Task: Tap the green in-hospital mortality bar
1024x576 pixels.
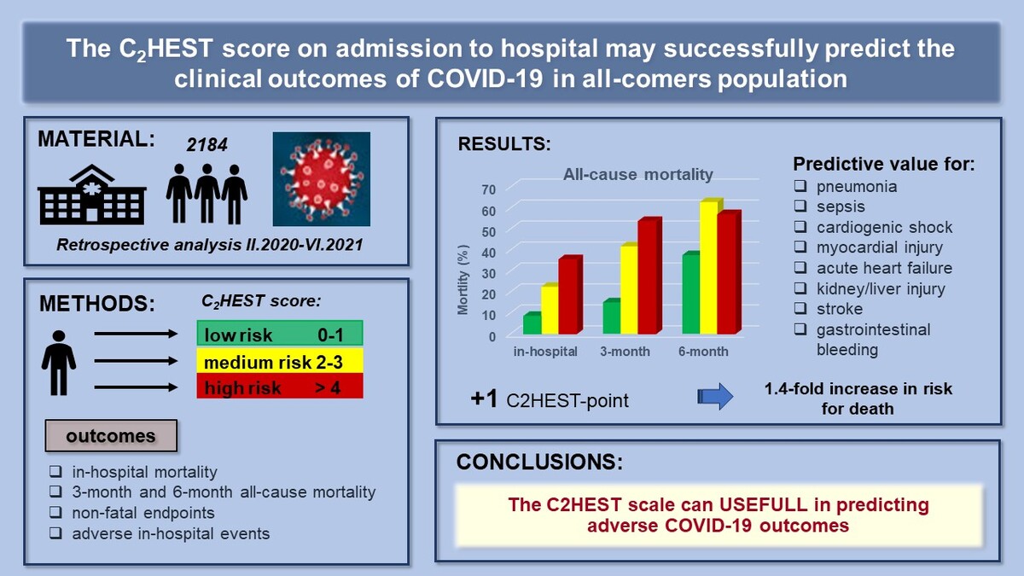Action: [532, 323]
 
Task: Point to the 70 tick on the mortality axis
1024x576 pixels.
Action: [488, 189]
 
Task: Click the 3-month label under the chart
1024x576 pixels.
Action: [625, 351]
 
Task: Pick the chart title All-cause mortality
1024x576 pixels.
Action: [637, 174]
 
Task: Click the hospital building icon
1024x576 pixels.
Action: [92, 195]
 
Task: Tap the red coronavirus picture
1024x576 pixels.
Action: [322, 178]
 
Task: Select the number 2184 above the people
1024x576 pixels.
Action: [207, 145]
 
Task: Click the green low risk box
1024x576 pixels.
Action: [280, 334]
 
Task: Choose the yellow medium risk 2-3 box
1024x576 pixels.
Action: [280, 361]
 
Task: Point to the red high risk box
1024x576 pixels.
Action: [280, 387]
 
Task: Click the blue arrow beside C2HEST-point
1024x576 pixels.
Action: [715, 396]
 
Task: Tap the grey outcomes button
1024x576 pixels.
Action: [111, 436]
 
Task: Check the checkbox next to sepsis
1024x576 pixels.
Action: [800, 207]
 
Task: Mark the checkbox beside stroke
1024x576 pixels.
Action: [800, 309]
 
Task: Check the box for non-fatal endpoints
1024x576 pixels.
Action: [55, 513]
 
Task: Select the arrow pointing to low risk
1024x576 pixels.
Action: [136, 334]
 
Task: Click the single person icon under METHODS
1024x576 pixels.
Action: [59, 363]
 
